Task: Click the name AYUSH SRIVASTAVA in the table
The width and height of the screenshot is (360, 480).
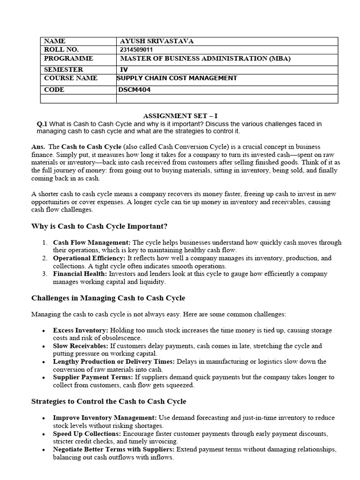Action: (x=157, y=41)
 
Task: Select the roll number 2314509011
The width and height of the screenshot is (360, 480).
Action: (x=136, y=50)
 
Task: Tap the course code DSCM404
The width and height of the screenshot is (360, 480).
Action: (x=135, y=90)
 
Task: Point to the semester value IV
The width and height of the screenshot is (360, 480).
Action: (x=124, y=69)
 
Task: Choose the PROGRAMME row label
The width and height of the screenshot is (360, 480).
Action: (x=68, y=59)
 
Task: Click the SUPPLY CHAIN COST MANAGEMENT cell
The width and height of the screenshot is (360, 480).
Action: (x=177, y=78)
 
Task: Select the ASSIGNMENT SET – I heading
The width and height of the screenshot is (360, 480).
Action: (x=180, y=115)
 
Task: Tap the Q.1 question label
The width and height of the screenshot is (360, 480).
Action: (x=42, y=124)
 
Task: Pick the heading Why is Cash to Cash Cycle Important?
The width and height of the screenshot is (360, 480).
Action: (x=99, y=226)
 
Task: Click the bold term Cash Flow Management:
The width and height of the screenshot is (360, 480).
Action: (x=92, y=242)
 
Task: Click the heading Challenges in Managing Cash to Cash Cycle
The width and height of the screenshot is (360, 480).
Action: (x=108, y=298)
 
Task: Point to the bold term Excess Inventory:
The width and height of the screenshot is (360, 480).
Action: (x=80, y=330)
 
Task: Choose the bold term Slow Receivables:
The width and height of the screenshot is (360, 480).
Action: (x=81, y=346)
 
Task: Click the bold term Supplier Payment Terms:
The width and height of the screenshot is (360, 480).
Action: (x=93, y=377)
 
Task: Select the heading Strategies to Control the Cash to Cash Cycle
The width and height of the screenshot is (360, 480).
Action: (x=108, y=401)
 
